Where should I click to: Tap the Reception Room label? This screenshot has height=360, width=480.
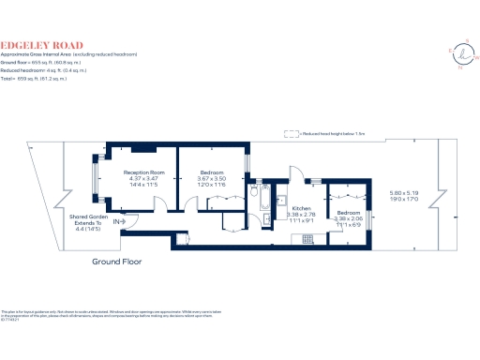coord(144,172)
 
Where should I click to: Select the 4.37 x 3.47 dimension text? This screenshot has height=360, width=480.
coord(144,179)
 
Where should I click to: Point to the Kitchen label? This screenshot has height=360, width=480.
coord(301,207)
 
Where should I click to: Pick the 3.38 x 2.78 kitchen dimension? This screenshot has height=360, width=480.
coord(301,214)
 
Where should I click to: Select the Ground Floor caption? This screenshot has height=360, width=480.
coord(116,262)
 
